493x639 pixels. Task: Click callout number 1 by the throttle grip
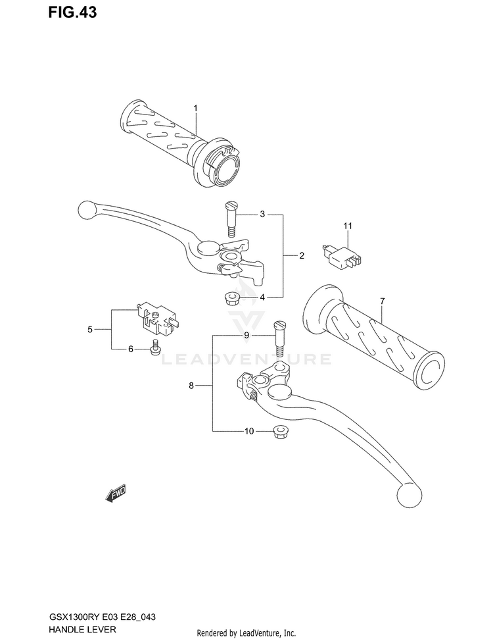pyautogui.click(x=195, y=108)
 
